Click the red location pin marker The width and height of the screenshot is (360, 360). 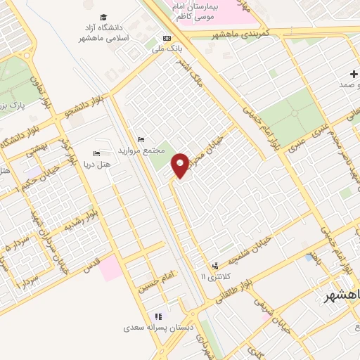[181, 165]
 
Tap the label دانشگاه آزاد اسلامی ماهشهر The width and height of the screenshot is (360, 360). [103, 32]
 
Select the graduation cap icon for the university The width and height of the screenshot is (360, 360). [103, 17]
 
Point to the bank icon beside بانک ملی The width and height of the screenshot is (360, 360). [167, 38]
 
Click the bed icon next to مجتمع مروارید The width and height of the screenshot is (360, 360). [141, 139]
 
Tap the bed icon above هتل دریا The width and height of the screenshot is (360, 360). [97, 153]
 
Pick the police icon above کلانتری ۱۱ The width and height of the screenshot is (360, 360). [215, 266]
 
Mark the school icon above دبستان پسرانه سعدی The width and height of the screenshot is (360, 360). [159, 316]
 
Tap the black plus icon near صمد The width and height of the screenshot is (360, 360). [354, 74]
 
